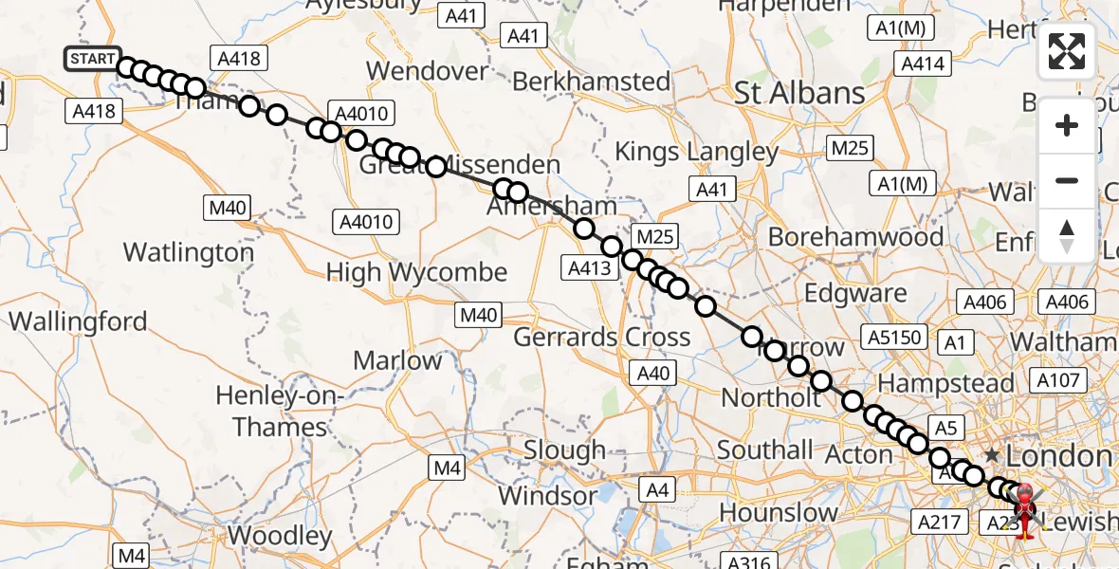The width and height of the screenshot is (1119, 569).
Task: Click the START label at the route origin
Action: click(x=93, y=59)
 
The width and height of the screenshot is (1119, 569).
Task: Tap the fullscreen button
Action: click(x=1067, y=51)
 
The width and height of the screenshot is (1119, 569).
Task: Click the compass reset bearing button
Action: click(x=1067, y=236)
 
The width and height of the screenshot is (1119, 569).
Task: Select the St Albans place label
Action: click(x=800, y=93)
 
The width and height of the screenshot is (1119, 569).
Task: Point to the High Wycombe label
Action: click(x=416, y=273)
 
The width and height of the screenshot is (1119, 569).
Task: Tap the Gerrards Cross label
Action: click(x=602, y=337)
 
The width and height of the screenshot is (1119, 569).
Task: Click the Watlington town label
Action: click(x=189, y=253)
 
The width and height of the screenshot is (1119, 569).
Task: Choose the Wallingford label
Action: click(x=79, y=321)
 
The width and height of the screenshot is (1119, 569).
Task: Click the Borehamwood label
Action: click(x=855, y=236)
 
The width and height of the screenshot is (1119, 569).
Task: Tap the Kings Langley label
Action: click(x=696, y=152)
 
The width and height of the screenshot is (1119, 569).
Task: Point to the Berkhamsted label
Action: click(x=591, y=82)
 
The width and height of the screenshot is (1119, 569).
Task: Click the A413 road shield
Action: click(x=590, y=268)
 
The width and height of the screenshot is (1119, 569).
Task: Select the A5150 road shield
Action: click(x=892, y=337)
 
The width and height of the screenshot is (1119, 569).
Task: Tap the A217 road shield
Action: click(x=940, y=521)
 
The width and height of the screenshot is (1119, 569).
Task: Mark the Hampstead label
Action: click(x=946, y=384)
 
